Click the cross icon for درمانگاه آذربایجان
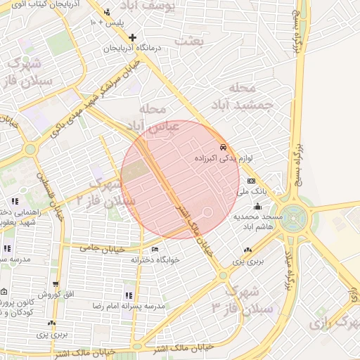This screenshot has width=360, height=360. point(132,37)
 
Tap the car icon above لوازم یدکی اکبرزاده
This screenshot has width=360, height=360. point(224,148)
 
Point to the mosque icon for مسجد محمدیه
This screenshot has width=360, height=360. point(258,207)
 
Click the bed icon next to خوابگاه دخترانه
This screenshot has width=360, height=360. point(155,249)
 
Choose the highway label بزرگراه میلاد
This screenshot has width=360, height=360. point(288,269)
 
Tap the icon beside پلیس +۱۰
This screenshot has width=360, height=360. point(106,13)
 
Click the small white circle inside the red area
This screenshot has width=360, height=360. point(207,212)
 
